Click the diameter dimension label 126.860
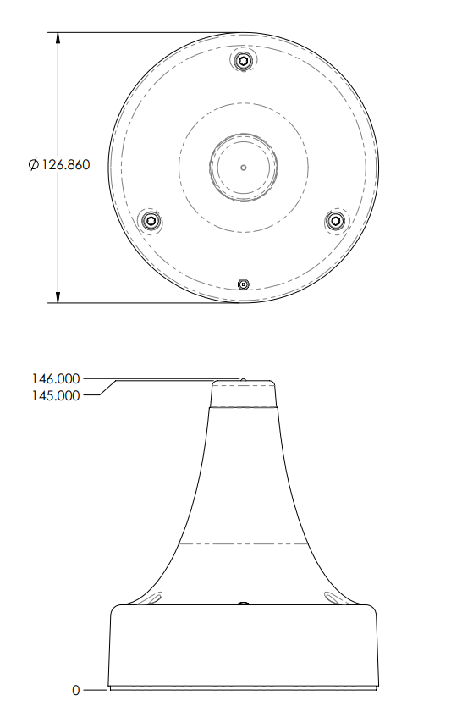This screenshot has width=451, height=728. coord(66,165)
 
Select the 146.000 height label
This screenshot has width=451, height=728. coord(56,379)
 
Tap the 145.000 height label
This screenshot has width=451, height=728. coord(56,395)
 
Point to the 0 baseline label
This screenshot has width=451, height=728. coord(76,691)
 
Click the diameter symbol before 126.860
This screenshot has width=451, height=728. coord(33,165)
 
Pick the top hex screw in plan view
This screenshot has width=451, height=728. coord(244,61)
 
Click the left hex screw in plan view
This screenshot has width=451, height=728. coord(151,220)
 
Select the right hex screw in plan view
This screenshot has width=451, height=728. coord(335,220)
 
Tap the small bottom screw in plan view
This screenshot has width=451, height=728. coord(244,284)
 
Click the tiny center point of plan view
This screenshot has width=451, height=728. coord(244,167)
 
